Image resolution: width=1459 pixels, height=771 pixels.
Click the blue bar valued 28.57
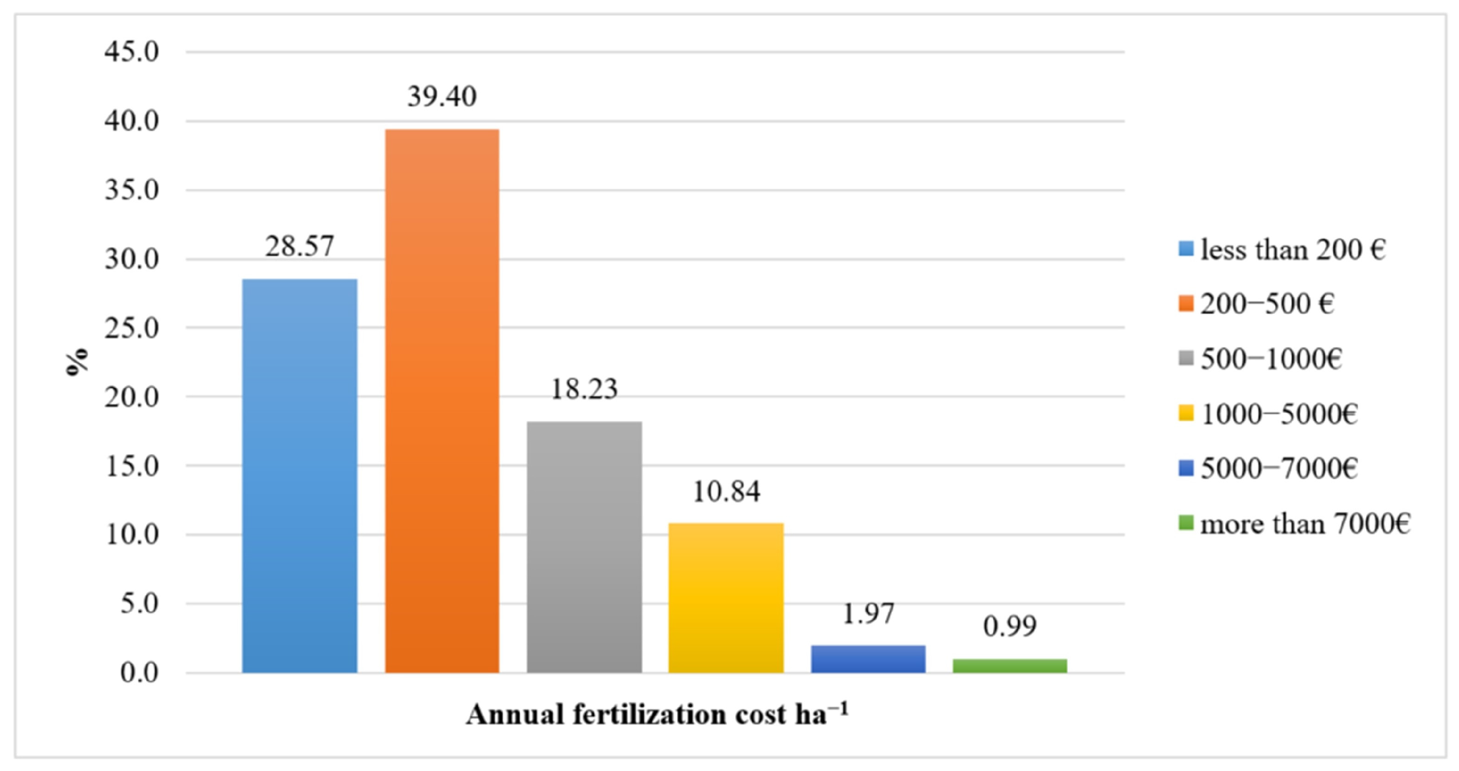[300, 476]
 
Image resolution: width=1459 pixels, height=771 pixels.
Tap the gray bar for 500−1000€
[584, 547]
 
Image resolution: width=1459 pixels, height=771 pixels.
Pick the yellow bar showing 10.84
[726, 598]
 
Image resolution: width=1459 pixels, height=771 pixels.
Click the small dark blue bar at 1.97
[868, 659]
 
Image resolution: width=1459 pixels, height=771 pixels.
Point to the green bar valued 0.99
[1010, 666]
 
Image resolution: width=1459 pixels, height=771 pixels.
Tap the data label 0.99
[1010, 626]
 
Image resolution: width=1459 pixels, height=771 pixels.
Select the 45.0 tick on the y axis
[131, 52]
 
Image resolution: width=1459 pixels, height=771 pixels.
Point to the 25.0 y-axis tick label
[131, 328]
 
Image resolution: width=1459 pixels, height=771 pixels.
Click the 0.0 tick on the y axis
[139, 673]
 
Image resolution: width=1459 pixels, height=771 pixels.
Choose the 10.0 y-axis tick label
[131, 535]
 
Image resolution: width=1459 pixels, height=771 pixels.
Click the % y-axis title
[77, 362]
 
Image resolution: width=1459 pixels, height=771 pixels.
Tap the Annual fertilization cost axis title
[657, 714]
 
